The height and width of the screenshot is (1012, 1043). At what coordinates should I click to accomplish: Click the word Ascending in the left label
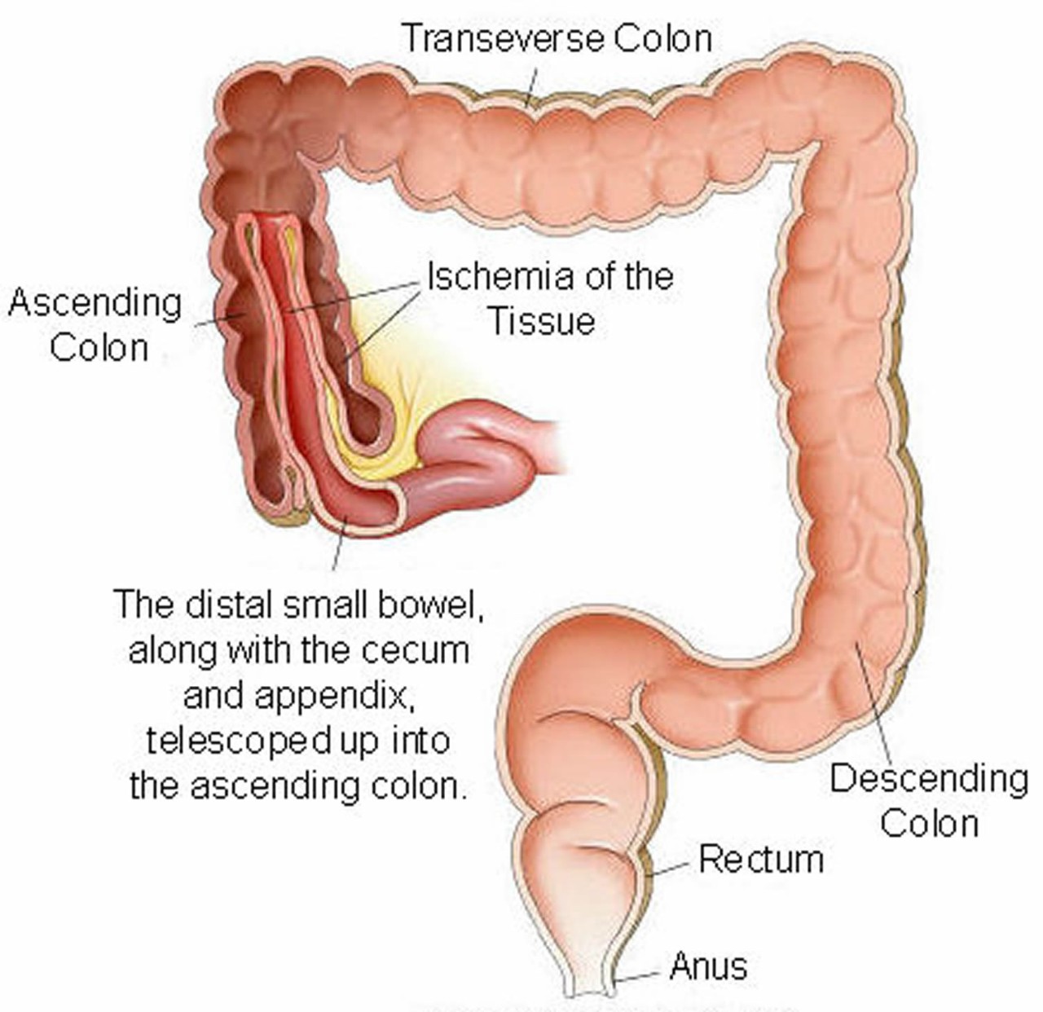click(95, 303)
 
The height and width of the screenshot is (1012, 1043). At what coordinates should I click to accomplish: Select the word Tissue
click(541, 322)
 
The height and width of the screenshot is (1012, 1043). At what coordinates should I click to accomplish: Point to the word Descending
click(929, 780)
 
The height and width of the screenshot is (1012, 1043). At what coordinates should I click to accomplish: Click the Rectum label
click(761, 860)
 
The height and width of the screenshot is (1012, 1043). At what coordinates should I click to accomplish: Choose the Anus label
click(708, 967)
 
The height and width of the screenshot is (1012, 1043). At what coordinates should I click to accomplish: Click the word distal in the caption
click(228, 605)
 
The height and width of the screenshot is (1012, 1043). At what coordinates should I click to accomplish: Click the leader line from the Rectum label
click(670, 869)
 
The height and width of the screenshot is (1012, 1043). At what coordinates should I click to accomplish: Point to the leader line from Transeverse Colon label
click(532, 86)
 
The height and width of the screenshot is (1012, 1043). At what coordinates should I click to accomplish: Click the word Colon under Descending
click(929, 823)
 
